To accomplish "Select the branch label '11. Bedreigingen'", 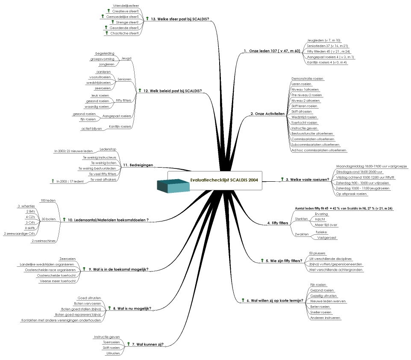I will [x=138, y=165].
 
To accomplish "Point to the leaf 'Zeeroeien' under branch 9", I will [x=68, y=259].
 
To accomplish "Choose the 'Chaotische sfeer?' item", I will [x=124, y=33].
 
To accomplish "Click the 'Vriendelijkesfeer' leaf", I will [x=126, y=5].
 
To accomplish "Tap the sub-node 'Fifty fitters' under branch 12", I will [x=124, y=100].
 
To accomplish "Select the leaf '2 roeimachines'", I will [x=44, y=241].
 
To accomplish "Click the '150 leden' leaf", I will [x=48, y=200].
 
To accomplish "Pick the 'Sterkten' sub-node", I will [x=301, y=219].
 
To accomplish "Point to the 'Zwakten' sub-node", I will [x=301, y=234].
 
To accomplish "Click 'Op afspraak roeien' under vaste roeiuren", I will [x=352, y=194].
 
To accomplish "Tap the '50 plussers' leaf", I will [x=317, y=253].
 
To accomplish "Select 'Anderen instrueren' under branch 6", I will [x=325, y=318].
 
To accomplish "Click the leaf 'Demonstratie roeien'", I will [x=307, y=79].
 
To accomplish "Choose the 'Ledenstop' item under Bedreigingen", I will [x=108, y=149].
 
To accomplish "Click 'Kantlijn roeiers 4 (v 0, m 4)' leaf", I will [x=327, y=62].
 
